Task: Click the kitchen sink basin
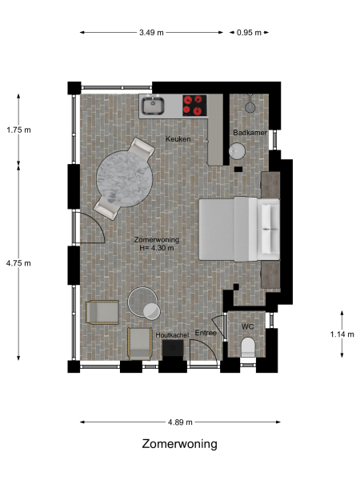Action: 152,105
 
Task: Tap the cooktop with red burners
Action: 194,104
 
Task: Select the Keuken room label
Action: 178,139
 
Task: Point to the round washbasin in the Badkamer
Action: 238,150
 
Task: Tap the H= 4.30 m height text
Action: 156,248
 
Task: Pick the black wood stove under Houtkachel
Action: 174,350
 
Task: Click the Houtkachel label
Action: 170,334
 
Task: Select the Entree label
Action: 206,333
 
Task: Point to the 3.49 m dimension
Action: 150,33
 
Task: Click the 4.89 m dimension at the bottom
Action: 179,421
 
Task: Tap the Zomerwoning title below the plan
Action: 179,444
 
